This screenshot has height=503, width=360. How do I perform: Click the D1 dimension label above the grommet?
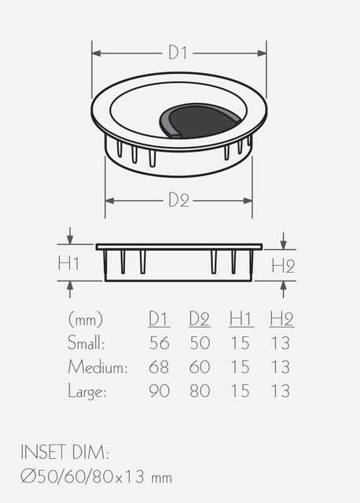(x=178, y=53)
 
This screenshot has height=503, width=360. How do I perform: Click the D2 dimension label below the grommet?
(x=178, y=200)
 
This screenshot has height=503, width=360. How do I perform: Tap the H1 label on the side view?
(x=69, y=263)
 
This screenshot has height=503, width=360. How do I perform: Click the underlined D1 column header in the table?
(x=160, y=319)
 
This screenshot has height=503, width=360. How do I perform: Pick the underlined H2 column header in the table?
(x=281, y=319)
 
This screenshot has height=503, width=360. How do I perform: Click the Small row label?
(x=86, y=343)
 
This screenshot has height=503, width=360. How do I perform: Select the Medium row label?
(x=97, y=367)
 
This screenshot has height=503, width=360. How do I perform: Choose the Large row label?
(x=86, y=391)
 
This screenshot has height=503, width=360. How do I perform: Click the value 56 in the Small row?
(x=160, y=343)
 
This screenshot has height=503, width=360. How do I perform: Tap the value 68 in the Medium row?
(x=160, y=367)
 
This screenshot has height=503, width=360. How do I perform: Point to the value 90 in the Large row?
(x=160, y=391)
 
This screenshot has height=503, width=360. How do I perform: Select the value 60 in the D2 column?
(x=200, y=367)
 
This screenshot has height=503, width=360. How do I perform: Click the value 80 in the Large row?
(x=200, y=391)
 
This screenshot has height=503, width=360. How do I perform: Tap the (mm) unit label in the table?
(x=86, y=319)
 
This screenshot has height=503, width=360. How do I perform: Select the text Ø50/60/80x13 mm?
(x=97, y=476)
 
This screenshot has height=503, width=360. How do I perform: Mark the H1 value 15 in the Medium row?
(x=240, y=367)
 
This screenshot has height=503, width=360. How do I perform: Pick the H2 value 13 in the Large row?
(x=280, y=391)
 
